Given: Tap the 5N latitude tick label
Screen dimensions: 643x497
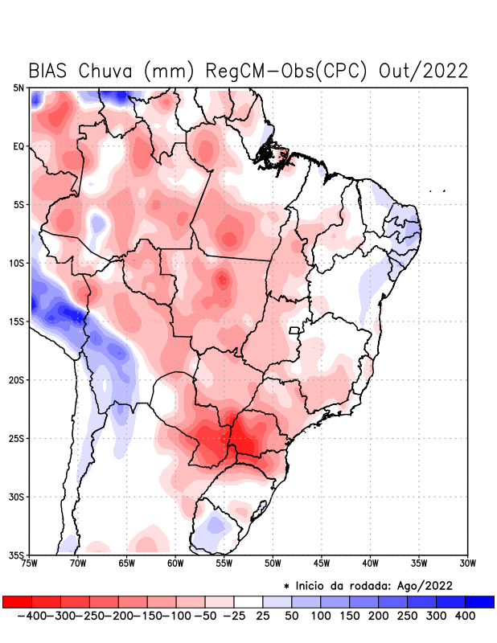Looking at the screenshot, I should [x=18, y=88].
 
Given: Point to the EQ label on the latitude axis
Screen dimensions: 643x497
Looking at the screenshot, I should [x=18, y=146].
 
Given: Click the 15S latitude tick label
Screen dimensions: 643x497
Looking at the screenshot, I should [x=17, y=321].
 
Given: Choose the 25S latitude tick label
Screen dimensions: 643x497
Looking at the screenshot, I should [x=17, y=439].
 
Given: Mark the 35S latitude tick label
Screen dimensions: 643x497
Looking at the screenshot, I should [x=17, y=555].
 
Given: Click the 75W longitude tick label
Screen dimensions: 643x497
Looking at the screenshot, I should [x=29, y=563].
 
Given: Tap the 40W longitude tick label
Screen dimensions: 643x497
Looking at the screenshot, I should [x=370, y=563].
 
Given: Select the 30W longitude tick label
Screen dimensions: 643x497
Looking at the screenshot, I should [x=467, y=563].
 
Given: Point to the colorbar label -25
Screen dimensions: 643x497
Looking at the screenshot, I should [x=235, y=616].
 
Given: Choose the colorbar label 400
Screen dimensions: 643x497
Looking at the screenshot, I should [x=465, y=616].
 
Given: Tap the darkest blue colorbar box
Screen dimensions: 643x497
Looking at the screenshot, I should [x=479, y=601].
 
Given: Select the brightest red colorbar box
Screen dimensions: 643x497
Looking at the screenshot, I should [x=18, y=601].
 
